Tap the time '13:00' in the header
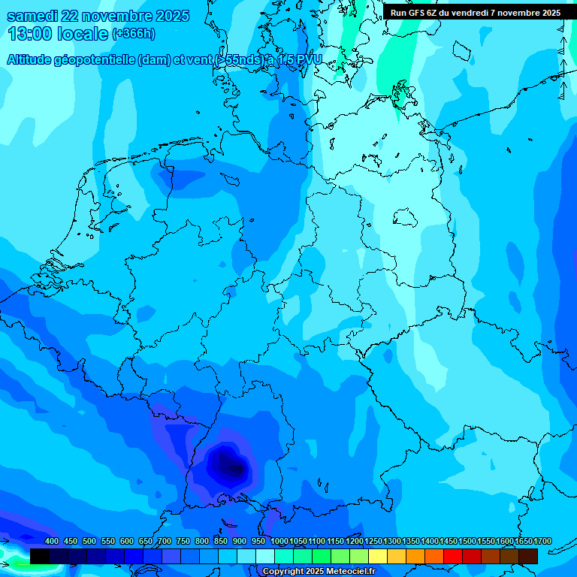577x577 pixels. click(29, 34)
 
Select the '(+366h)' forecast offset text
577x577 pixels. click(134, 34)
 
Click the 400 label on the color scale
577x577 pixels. click(52, 542)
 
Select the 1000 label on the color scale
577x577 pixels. click(279, 542)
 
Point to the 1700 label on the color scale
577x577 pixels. click(542, 542)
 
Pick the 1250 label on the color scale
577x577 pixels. click(373, 542)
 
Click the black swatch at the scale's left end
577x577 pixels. click(40, 556)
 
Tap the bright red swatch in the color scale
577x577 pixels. click(453, 556)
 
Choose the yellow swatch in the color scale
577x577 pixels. click(378, 556)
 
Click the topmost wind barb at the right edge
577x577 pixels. click(561, 27)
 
